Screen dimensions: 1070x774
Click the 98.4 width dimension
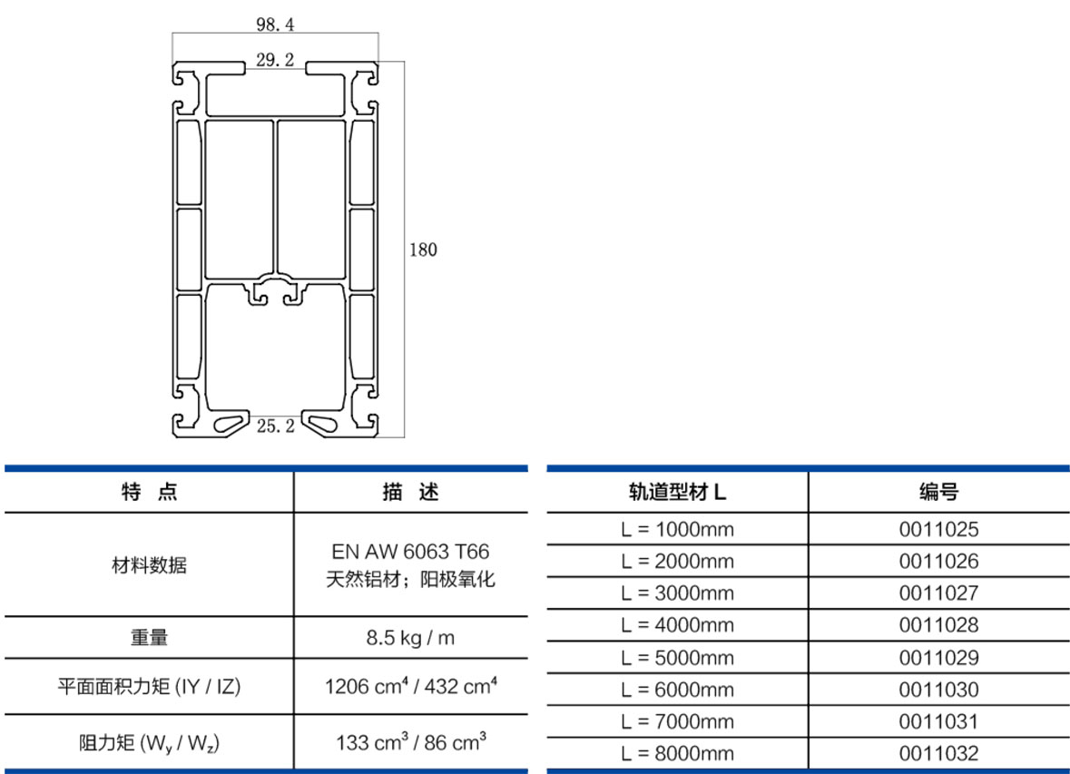tap(275, 24)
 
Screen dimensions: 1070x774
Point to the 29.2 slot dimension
tap(275, 60)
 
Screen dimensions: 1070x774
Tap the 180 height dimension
tap(423, 250)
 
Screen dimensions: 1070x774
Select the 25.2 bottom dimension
tap(276, 426)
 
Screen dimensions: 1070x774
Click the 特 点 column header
tap(150, 492)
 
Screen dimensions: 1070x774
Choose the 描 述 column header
tap(411, 492)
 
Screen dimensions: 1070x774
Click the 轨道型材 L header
tap(677, 492)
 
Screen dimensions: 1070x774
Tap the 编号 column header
tap(939, 492)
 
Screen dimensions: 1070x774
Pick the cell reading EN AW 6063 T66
tap(411, 552)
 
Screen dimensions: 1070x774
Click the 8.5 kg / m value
tap(411, 638)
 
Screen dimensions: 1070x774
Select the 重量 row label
tap(150, 638)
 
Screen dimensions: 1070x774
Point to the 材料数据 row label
tap(150, 565)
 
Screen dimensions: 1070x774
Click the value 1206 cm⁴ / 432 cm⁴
tap(411, 686)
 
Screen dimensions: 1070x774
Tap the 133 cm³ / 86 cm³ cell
tap(411, 741)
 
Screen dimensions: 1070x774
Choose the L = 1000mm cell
tap(677, 530)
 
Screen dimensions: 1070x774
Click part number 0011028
tap(939, 625)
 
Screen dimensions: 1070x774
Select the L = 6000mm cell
tap(677, 690)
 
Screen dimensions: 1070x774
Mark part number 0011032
tap(939, 753)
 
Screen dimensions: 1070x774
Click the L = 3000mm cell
tap(677, 593)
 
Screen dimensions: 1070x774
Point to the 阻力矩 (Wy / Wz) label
tap(150, 742)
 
